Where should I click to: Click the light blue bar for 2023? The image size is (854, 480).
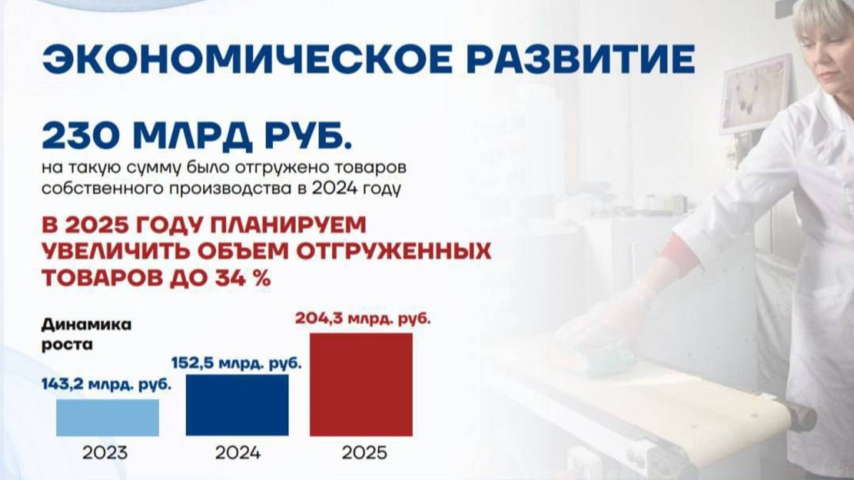[x=108, y=417]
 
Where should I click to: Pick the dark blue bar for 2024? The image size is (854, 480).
[x=237, y=405]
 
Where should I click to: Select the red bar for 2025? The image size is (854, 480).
[x=361, y=384]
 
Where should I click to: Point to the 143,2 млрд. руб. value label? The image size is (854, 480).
[x=106, y=384]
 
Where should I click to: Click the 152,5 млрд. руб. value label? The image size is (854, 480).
[x=236, y=363]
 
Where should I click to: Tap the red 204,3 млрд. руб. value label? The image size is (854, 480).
[x=363, y=318]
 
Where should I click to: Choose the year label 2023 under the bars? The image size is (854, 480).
[x=105, y=453]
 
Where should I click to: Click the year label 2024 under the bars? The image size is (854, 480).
[x=238, y=453]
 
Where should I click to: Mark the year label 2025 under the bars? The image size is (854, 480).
[x=364, y=453]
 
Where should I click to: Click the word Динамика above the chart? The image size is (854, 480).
[x=86, y=325]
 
